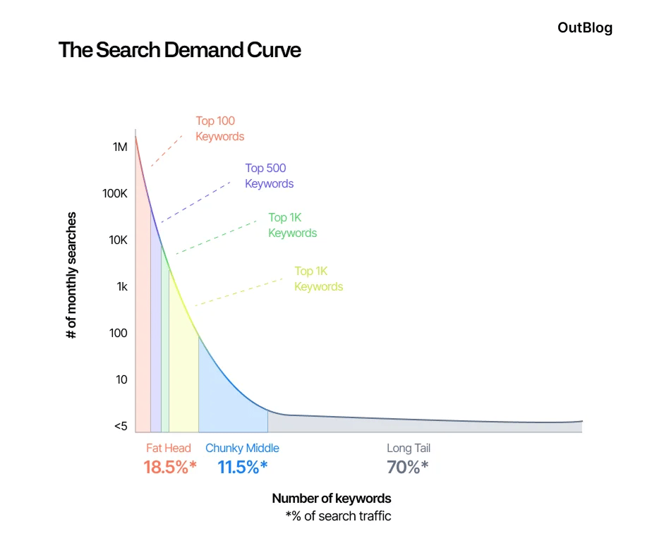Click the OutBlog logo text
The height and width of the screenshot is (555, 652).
[584, 28]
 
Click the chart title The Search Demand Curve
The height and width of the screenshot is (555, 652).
[179, 50]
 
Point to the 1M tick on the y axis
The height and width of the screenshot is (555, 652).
[119, 147]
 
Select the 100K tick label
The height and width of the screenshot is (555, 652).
[115, 193]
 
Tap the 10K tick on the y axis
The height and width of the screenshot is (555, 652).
[117, 240]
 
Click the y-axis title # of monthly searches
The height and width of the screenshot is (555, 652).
[71, 275]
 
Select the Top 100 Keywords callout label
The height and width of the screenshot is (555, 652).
[219, 128]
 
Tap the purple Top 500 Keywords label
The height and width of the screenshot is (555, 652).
[269, 176]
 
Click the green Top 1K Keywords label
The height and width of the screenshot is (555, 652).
[292, 225]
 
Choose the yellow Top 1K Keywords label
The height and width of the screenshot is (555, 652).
[318, 279]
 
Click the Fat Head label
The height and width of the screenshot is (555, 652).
[169, 448]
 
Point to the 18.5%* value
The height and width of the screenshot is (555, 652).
[170, 467]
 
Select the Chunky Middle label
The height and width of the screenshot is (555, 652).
[242, 448]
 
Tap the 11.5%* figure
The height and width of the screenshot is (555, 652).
[243, 467]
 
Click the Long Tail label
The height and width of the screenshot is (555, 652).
[408, 448]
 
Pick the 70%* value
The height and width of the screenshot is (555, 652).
[407, 467]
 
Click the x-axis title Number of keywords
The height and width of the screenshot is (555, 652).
[331, 499]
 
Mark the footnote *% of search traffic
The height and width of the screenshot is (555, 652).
[338, 516]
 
